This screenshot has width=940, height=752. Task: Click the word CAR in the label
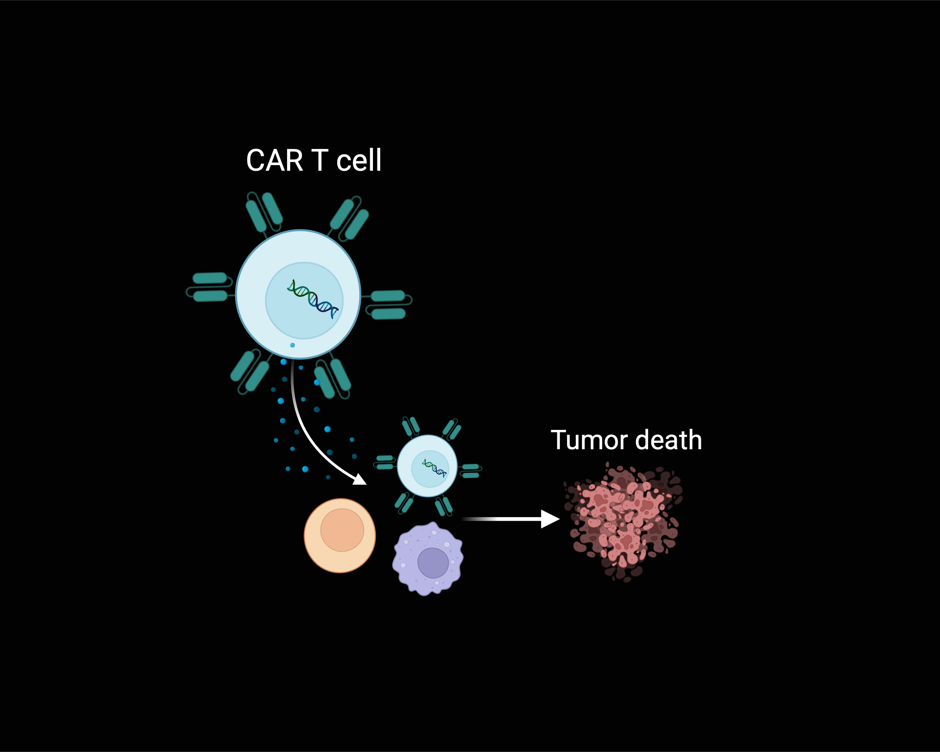[x=274, y=161]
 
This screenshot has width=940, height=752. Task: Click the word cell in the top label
[x=358, y=161]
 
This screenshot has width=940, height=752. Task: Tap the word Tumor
[x=590, y=440]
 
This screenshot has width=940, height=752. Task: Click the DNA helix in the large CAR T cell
[x=313, y=299]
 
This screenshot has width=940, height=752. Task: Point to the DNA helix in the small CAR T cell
[x=434, y=468]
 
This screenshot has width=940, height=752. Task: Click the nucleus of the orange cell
[x=342, y=530]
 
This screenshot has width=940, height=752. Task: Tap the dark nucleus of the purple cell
[x=433, y=563]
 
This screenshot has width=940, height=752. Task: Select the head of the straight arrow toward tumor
[x=550, y=519]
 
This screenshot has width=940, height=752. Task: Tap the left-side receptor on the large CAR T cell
[x=210, y=287]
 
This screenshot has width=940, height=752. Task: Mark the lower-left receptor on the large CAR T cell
[x=250, y=371]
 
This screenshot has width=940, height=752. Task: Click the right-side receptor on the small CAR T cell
[x=471, y=471]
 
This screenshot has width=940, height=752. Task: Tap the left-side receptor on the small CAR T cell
[x=385, y=462]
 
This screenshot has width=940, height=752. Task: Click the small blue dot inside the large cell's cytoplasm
[x=292, y=345]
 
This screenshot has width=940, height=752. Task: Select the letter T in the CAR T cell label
[x=319, y=161]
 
